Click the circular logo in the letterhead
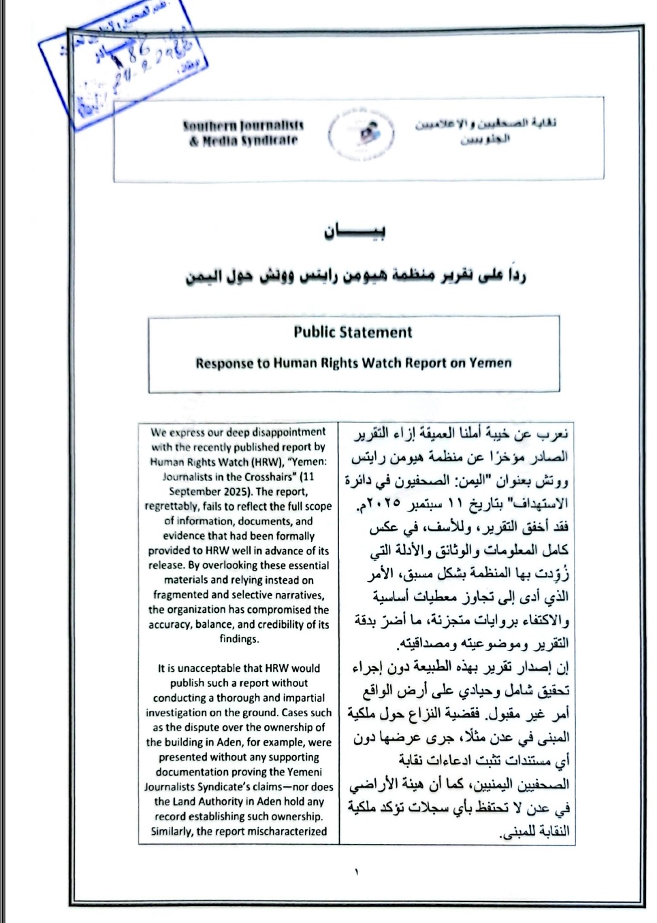tap(362, 133)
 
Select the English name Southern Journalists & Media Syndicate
tap(243, 133)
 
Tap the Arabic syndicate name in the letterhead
tap(485, 131)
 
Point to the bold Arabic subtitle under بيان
tap(355, 277)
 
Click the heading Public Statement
tap(353, 333)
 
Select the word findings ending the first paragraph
tap(239, 639)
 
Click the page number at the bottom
tap(355, 872)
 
